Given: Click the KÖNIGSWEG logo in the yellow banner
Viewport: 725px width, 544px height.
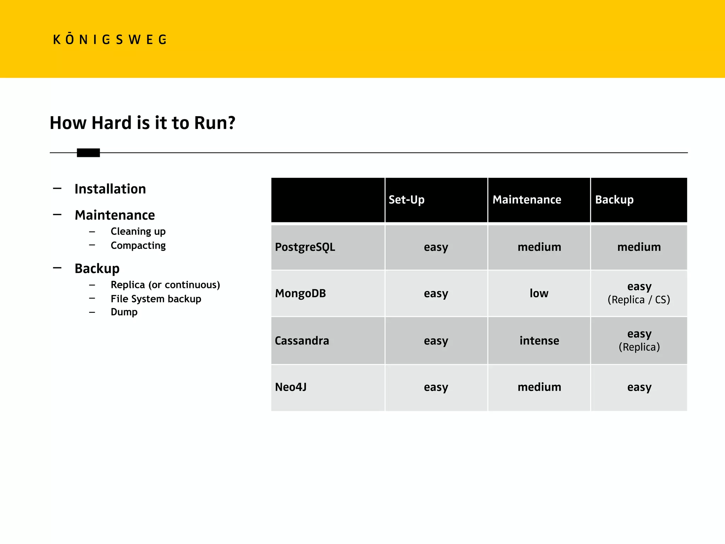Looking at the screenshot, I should [x=110, y=39].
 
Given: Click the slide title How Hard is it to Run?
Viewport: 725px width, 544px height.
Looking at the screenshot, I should [x=142, y=123].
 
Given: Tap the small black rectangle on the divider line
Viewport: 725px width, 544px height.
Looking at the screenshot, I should [x=88, y=153].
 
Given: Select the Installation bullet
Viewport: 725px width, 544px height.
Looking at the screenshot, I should [x=110, y=189].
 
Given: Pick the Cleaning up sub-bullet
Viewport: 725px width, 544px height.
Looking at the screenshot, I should [x=138, y=231].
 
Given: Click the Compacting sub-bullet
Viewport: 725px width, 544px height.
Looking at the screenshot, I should [x=138, y=245].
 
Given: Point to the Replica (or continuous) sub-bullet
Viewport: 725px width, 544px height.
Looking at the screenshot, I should [x=165, y=285].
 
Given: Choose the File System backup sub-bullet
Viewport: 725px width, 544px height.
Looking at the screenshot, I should [x=156, y=299].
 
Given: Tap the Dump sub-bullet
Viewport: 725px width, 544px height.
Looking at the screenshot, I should [x=124, y=312].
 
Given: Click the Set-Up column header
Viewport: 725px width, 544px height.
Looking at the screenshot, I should [x=406, y=200].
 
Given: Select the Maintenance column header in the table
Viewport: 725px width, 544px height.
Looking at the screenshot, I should [x=527, y=200].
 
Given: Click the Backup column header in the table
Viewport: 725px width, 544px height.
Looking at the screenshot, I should [x=614, y=200].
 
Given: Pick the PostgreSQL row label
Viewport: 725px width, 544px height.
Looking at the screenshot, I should [x=305, y=247].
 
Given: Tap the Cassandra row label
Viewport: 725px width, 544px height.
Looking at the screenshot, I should [x=302, y=341].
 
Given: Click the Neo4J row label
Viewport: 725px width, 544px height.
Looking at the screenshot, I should [x=291, y=387].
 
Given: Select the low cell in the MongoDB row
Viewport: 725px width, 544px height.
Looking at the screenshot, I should [x=539, y=293].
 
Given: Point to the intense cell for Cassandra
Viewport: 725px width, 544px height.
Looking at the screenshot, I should [x=539, y=341].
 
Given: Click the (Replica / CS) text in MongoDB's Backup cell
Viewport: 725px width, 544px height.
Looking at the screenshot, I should [x=639, y=300].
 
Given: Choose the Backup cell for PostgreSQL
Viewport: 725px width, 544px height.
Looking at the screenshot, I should [x=639, y=247].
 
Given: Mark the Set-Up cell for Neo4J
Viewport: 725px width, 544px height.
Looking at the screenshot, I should [x=436, y=387].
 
